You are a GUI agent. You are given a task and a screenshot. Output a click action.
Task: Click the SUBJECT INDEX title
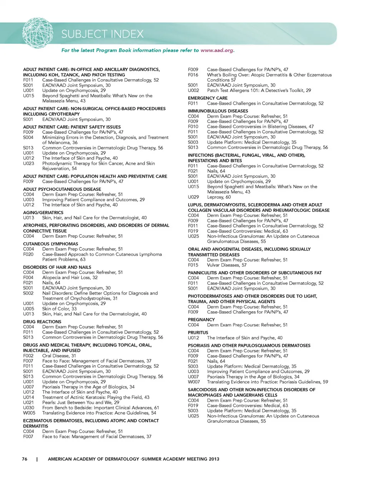coord(102,34)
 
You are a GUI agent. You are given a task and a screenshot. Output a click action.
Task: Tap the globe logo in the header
coord(38,33)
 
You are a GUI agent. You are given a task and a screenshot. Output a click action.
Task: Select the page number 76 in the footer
coord(25,459)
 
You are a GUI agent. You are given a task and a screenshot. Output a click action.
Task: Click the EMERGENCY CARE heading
coord(208,98)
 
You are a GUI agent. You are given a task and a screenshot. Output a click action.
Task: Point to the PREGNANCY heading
coord(201,320)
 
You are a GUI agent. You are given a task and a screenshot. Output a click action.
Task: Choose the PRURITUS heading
coord(198,332)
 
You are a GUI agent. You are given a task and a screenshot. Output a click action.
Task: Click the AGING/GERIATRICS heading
coord(43,212)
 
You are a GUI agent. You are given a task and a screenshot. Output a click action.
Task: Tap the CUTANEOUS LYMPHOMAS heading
coord(50,244)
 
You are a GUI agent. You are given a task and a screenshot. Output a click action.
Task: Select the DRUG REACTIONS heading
coord(42,322)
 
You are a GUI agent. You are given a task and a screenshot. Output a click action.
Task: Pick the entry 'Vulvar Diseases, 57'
coord(227,265)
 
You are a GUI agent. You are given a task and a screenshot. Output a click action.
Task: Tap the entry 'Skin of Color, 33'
coord(59,309)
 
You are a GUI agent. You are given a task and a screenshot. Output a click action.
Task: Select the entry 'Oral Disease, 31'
coord(59,356)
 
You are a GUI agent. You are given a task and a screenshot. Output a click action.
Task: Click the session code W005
coord(29,413)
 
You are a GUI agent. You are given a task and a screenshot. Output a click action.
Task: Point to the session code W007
coord(194,382)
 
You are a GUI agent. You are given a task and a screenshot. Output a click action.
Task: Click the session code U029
coord(193,197)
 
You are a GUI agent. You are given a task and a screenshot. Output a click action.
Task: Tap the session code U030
coord(28,407)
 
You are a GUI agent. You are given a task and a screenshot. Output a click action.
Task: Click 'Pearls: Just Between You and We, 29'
coord(81,402)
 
